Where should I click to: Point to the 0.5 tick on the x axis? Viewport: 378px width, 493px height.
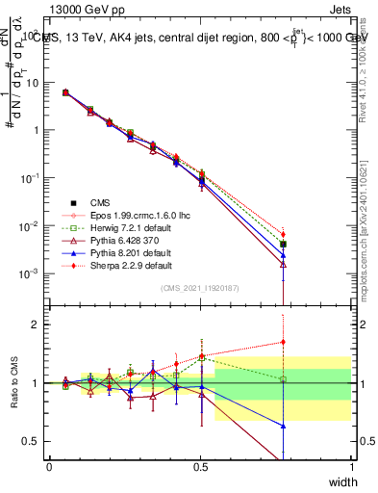tap(200, 467)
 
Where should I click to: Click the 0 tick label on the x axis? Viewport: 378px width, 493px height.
tap(50, 467)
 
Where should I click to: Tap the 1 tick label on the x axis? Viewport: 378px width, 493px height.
tap(351, 467)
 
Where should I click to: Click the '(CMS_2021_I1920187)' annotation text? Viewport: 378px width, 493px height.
tap(200, 288)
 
